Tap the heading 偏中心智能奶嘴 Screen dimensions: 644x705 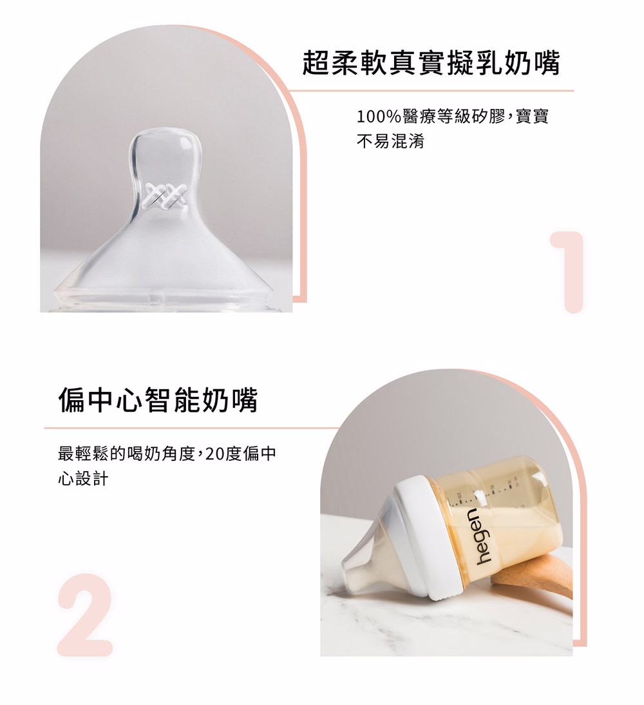pyautogui.click(x=158, y=400)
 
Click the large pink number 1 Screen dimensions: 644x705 pyautogui.click(x=568, y=272)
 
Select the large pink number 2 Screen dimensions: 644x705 pyautogui.click(x=85, y=615)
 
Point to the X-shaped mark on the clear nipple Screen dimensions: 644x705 pyautogui.click(x=166, y=197)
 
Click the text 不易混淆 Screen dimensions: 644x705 pyautogui.click(x=390, y=141)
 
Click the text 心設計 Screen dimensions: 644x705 pyautogui.click(x=83, y=478)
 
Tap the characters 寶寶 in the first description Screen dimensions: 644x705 pyautogui.click(x=532, y=117)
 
